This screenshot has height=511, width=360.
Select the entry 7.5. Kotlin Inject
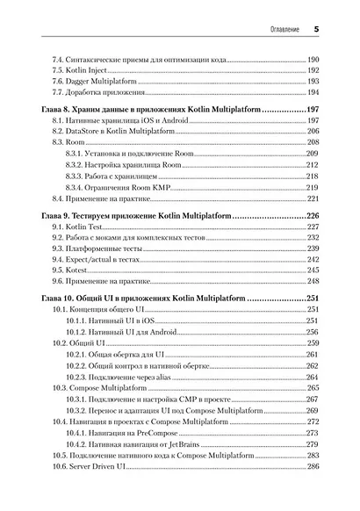(80, 68)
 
